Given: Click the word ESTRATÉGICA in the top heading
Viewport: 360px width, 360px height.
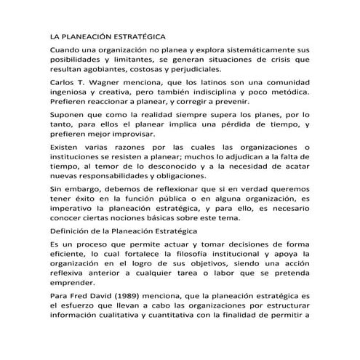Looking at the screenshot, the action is [135, 36].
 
